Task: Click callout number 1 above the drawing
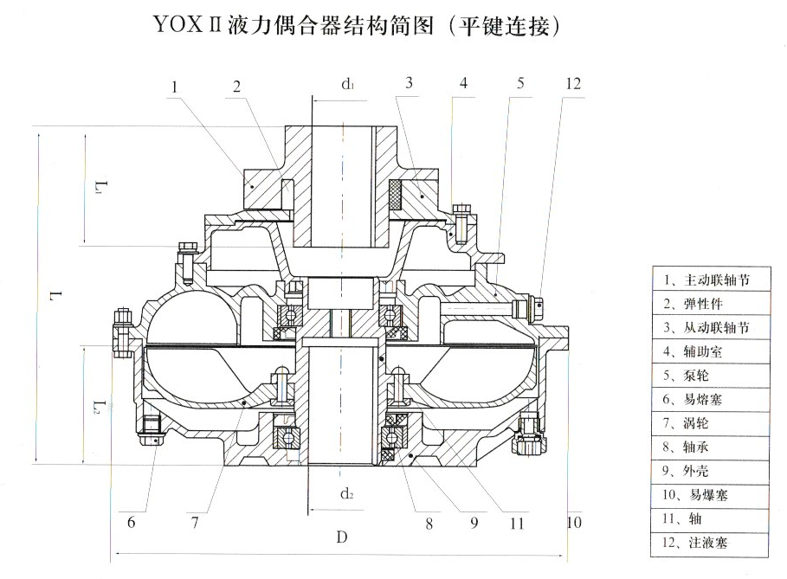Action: pos(175,87)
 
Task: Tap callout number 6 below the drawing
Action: pos(132,522)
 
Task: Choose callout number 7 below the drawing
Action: pos(195,522)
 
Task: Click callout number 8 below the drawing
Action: pos(429,522)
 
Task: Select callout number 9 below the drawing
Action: pos(474,522)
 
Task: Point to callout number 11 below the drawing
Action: pos(517,522)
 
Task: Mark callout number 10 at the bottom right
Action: pos(571,522)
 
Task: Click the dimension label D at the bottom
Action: pos(342,537)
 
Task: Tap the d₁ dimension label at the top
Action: pos(348,84)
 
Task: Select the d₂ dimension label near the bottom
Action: pos(346,493)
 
